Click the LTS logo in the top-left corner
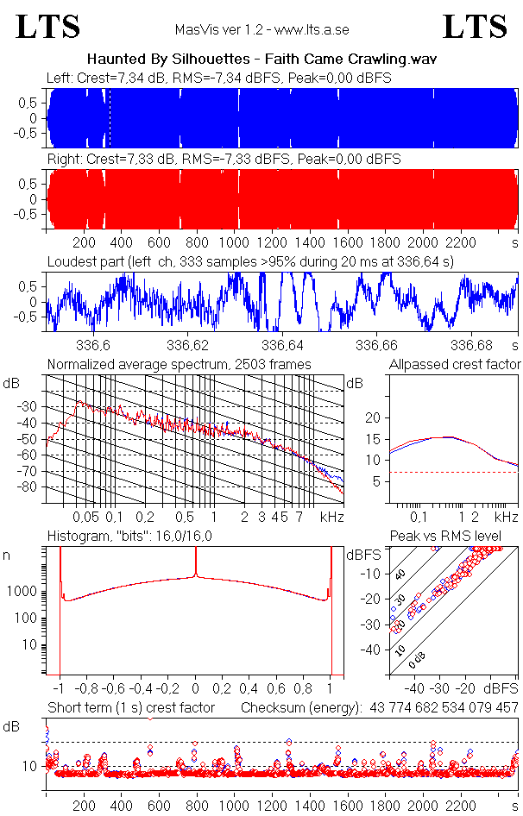(48, 28)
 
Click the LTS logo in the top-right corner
(475, 28)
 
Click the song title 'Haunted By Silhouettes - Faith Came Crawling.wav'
(261, 60)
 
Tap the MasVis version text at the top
(261, 29)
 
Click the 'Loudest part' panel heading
(250, 260)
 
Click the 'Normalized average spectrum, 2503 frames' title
(179, 364)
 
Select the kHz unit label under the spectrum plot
(331, 517)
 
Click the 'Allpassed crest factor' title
(455, 364)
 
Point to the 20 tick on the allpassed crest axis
(374, 417)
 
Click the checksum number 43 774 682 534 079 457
(443, 707)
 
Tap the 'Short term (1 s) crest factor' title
(142, 707)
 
